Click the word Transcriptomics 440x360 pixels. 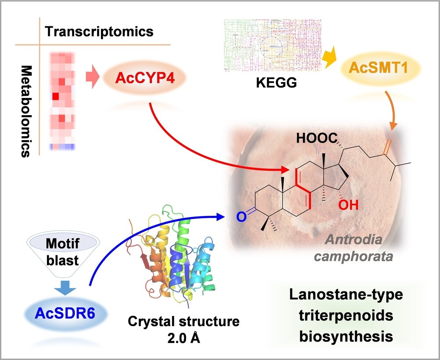tap(100, 31)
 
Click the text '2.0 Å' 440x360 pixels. tap(184, 335)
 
